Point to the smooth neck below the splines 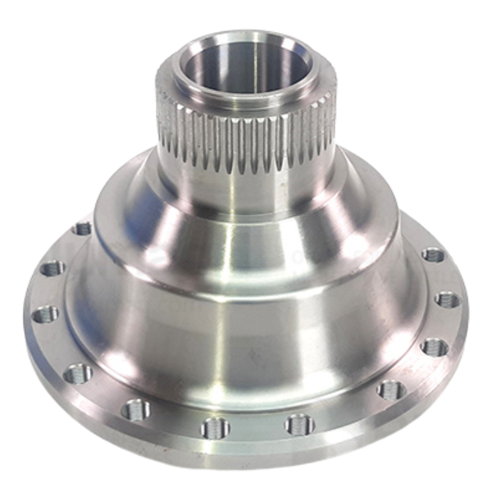coord(246,184)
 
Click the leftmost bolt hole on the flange coord(45,314)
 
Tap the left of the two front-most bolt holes coord(216,427)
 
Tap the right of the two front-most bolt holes coord(298,424)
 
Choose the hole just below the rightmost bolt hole coord(435,346)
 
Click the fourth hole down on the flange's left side coord(77,373)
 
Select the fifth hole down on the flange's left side coord(135,408)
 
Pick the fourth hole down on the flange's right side coord(391,389)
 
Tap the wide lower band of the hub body coord(246,328)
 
